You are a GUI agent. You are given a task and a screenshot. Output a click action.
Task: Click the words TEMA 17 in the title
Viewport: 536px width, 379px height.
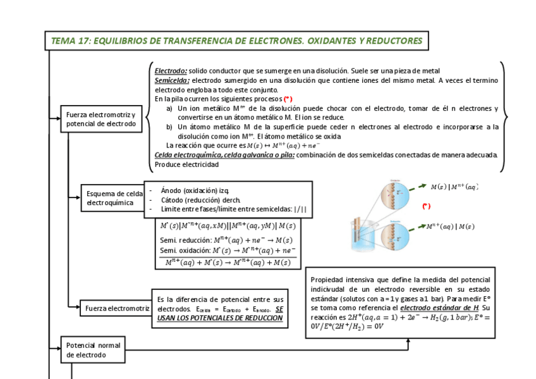click(x=70, y=41)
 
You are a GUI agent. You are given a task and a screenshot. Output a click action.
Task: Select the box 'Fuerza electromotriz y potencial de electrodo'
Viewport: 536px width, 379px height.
click(x=101, y=119)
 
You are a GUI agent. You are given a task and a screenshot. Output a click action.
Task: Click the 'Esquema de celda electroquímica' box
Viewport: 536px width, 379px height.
click(x=114, y=198)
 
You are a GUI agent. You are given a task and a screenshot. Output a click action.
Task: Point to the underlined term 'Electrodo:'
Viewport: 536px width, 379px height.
click(x=171, y=71)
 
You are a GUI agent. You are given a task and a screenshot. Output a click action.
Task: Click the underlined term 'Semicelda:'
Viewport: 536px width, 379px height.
click(x=172, y=80)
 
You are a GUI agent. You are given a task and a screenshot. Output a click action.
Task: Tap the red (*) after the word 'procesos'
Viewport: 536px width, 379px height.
click(x=288, y=99)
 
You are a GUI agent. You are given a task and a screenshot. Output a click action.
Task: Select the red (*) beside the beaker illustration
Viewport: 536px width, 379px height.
click(x=426, y=206)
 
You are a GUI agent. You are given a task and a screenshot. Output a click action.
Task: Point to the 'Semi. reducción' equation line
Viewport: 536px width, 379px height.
click(x=226, y=240)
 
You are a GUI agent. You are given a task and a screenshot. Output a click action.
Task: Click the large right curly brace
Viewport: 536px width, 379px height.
click(x=503, y=118)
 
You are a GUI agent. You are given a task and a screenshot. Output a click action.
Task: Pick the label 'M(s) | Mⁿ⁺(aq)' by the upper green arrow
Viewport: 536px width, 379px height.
click(x=454, y=187)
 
